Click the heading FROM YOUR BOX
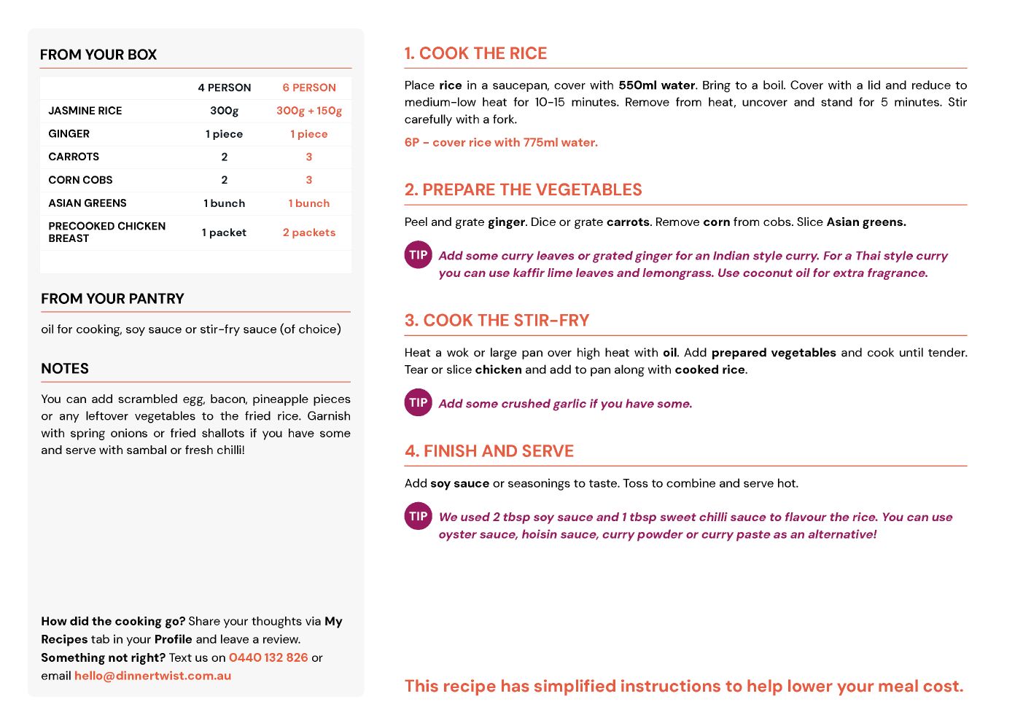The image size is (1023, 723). coord(98,55)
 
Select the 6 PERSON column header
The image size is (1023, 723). coord(309,87)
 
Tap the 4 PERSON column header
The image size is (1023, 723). coord(225,87)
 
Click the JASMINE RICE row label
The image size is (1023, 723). coord(85,111)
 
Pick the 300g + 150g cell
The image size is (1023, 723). coord(309,111)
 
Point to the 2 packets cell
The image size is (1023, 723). coord(309,232)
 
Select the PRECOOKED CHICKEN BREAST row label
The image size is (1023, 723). coord(106,232)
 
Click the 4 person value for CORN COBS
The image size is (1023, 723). coord(225,180)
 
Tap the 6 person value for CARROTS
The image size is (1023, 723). coord(309,157)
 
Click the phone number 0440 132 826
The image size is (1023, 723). coord(268,657)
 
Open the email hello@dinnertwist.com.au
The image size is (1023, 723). coord(152,676)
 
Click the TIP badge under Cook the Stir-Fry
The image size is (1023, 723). coord(419,402)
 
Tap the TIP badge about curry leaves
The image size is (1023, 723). coord(419,255)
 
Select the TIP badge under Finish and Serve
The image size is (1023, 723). coord(419,516)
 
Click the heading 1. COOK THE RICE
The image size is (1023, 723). coord(475,53)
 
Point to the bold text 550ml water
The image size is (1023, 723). coord(656,85)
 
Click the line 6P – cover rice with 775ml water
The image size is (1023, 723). coord(501,142)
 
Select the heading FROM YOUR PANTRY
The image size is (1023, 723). coord(112,299)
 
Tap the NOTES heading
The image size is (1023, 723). coord(65,369)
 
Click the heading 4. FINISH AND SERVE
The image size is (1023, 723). coord(489,451)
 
